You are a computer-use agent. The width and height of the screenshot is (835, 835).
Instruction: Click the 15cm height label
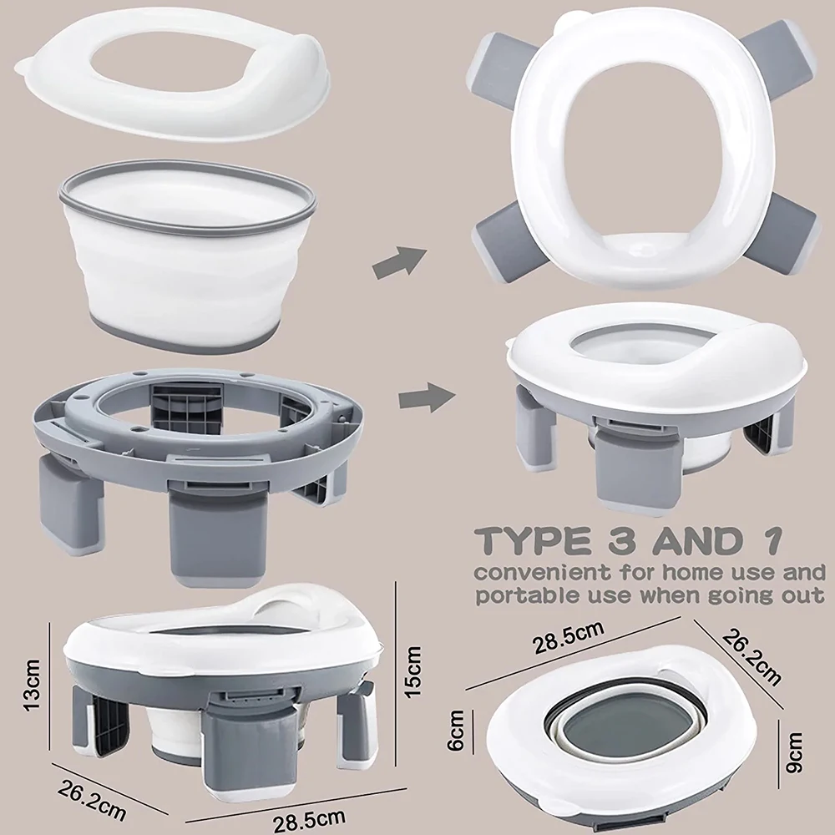413,671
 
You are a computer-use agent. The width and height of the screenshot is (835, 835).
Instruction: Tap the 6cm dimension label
456,731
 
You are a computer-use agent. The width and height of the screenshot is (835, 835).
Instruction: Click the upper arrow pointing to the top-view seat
399,262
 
